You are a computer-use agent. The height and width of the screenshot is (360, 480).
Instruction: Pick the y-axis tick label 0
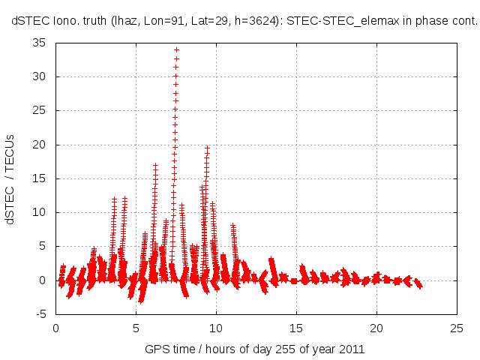44,280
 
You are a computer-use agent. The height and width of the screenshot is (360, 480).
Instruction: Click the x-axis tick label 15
296,328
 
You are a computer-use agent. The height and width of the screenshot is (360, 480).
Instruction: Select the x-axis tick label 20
376,328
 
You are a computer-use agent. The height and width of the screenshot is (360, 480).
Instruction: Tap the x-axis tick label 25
457,328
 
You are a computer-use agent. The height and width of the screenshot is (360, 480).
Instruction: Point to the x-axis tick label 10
216,328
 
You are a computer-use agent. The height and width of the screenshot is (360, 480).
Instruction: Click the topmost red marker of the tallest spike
176,49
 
